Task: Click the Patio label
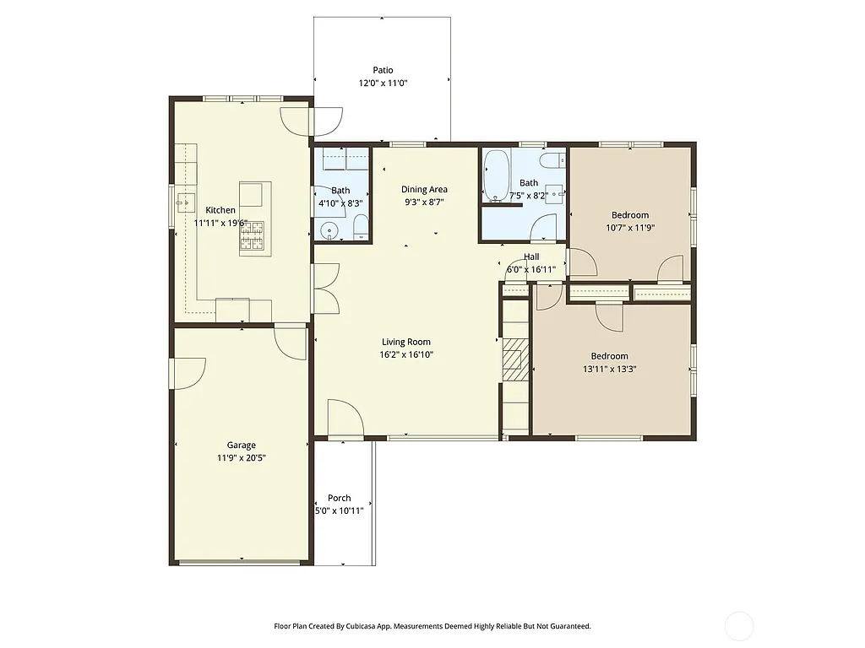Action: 383,70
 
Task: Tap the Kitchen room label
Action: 220,210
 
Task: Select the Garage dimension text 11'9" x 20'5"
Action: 241,458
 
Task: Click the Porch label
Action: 339,498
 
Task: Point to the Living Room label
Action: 406,342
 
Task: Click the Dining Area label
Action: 424,189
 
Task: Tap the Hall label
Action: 530,256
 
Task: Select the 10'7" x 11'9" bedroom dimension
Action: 630,228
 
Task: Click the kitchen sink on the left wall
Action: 182,202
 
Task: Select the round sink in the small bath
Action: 330,229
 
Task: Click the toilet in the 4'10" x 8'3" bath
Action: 361,226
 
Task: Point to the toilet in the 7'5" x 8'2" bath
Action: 552,160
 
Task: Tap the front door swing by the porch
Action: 344,418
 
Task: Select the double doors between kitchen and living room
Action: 326,289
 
